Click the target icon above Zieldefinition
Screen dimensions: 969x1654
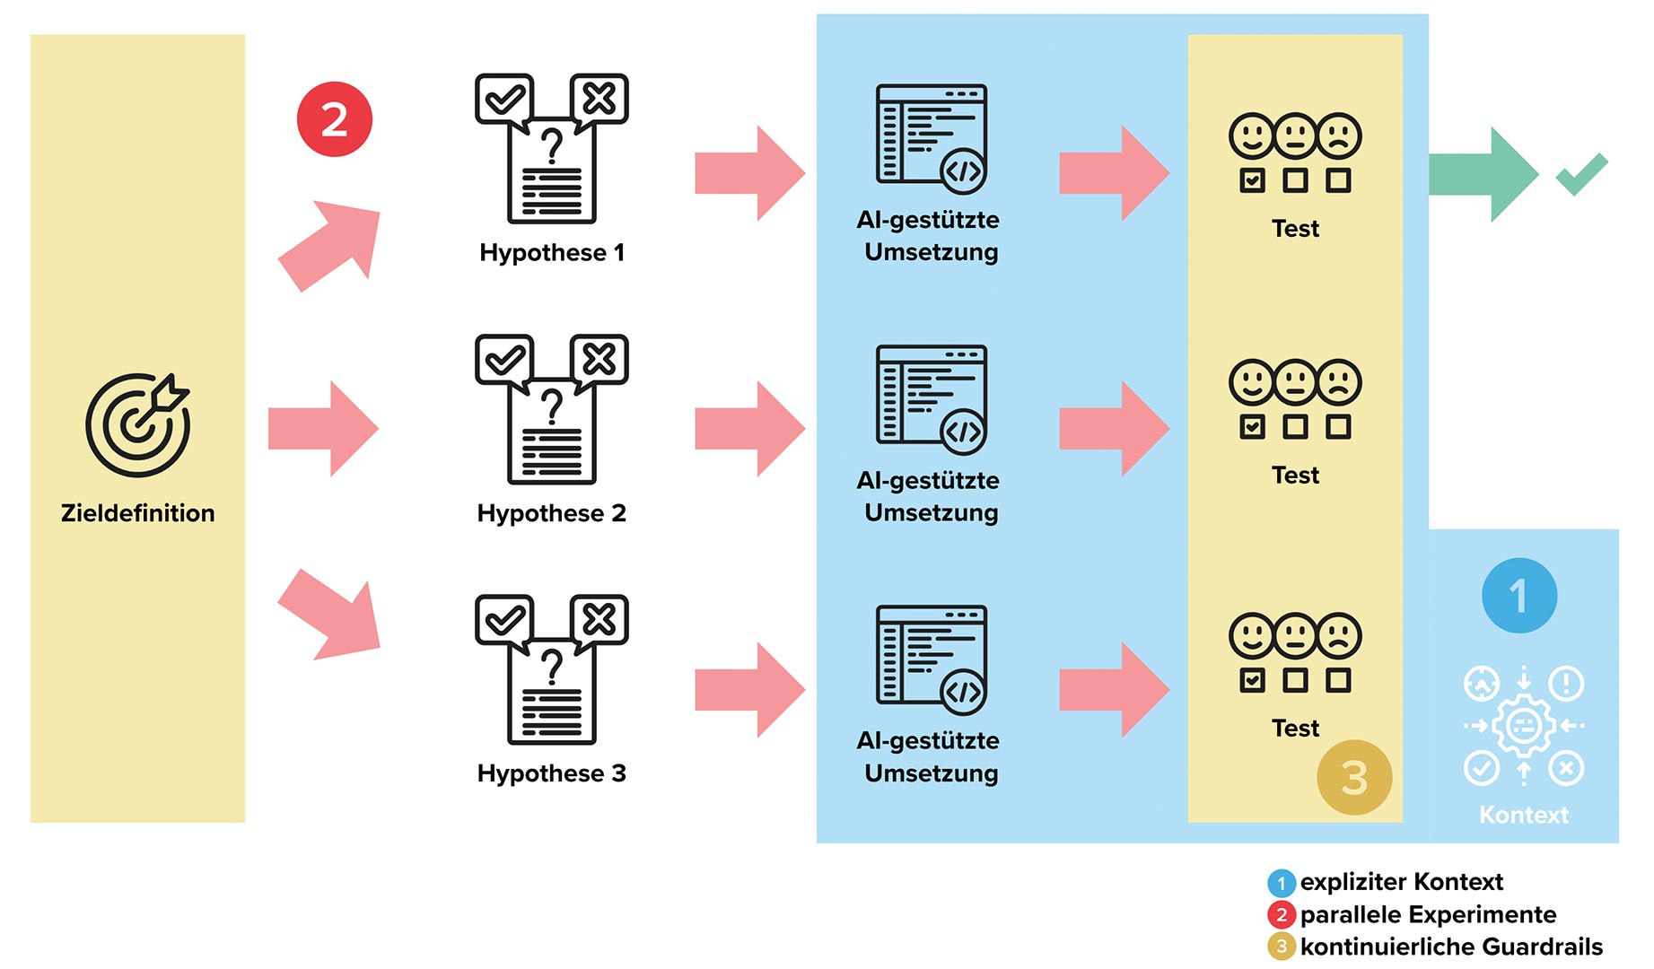coord(137,423)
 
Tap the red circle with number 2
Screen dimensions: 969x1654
coord(334,119)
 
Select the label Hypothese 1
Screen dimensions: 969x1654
coord(551,253)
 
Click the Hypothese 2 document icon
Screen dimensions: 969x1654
coord(551,409)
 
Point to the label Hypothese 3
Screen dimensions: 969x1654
coord(551,773)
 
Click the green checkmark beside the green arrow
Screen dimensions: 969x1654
coord(1581,173)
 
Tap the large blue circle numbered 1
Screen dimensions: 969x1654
coord(1518,596)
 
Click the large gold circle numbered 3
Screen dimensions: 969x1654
coord(1353,777)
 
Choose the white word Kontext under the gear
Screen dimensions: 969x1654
coord(1523,815)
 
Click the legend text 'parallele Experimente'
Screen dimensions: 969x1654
coord(1428,914)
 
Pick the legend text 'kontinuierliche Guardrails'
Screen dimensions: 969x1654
coord(1450,947)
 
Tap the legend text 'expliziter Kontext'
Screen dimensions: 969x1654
coord(1401,882)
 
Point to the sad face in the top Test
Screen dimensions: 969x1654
coord(1338,136)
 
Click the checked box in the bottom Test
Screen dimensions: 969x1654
coord(1252,680)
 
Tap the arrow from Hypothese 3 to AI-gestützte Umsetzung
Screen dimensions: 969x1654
coord(749,690)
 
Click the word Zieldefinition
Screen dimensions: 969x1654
coord(137,513)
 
